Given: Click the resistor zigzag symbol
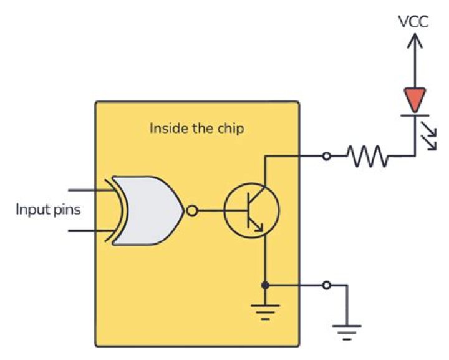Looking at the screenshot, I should point(368,156).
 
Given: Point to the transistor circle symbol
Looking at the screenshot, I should point(251,211).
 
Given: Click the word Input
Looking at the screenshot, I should point(32,209).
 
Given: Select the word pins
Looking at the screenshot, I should point(66,210).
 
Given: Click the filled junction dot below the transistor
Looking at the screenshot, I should point(265,285).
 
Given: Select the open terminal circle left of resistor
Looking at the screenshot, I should point(326,156).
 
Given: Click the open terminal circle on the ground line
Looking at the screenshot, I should point(326,285).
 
